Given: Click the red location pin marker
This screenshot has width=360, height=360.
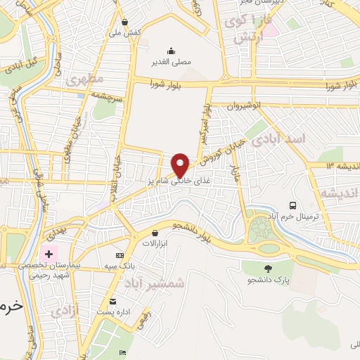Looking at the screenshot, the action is [181, 165].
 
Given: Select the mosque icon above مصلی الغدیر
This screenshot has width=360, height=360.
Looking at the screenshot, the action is [171, 50].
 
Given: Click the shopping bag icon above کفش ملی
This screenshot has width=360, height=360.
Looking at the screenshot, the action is [124, 22].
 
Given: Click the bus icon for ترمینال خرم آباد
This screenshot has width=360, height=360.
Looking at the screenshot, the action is [292, 205].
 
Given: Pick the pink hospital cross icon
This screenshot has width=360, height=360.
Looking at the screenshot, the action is [49, 253].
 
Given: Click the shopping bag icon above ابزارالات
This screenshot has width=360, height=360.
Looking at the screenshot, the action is [155, 233].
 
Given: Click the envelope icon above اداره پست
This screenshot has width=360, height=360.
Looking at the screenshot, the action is [112, 301].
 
